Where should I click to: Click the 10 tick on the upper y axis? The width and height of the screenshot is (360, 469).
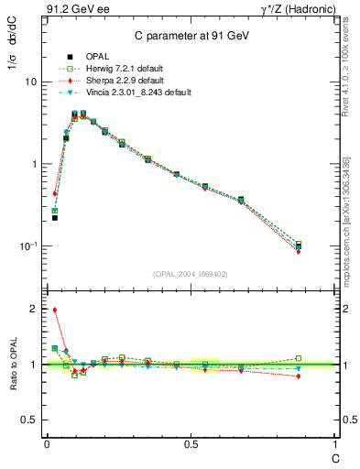(30, 82)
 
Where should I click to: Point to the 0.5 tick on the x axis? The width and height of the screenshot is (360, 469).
(191, 443)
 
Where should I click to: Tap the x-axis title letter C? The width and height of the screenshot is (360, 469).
(333, 457)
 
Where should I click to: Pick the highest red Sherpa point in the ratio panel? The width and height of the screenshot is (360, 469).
(55, 310)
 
